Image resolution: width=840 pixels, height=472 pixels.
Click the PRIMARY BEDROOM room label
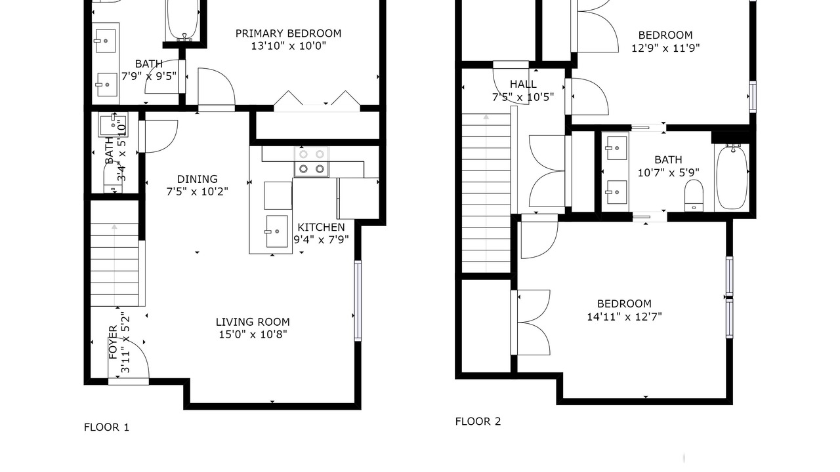tap(288, 33)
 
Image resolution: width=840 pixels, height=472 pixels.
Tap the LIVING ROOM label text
tap(253, 322)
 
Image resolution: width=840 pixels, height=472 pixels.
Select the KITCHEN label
tap(321, 227)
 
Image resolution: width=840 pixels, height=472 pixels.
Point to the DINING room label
tap(198, 179)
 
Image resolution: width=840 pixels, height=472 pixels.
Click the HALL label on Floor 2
tap(523, 84)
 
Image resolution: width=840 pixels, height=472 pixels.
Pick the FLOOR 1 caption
tap(106, 427)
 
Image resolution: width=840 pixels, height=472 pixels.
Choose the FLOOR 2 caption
tap(478, 422)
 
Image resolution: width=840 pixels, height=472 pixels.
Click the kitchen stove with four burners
tap(312, 161)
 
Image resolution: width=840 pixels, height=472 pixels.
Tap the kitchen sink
tap(277, 231)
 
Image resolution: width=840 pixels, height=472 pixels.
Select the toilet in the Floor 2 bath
tap(694, 195)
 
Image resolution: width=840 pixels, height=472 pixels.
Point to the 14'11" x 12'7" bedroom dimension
tap(624, 317)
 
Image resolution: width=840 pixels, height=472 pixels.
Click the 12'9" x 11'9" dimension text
tap(665, 49)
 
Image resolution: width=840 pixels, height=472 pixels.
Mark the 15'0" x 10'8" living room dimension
tap(253, 334)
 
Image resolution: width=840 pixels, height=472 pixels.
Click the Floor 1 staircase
tap(114, 265)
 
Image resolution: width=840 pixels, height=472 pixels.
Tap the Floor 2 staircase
tap(486, 193)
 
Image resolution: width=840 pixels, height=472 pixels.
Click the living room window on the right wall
tap(358, 301)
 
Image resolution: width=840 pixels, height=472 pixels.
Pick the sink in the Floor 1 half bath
tap(113, 125)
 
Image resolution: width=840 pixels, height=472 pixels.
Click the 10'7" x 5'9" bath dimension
tap(669, 172)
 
